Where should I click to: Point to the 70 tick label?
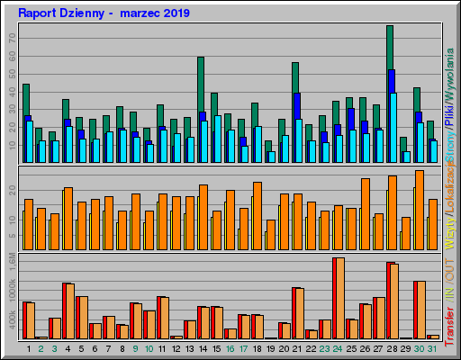click(13, 39)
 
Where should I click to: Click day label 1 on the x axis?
click(27, 347)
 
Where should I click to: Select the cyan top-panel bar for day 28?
click(393, 126)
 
